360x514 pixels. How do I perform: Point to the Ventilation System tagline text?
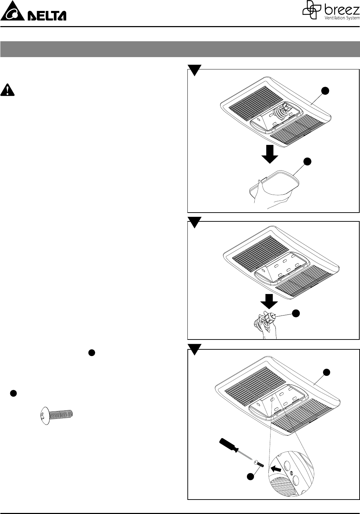[341, 18]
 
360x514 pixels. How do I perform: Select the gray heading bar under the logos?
[180, 49]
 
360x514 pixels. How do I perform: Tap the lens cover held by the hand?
[275, 183]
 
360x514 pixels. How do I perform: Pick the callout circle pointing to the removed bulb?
[297, 313]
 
